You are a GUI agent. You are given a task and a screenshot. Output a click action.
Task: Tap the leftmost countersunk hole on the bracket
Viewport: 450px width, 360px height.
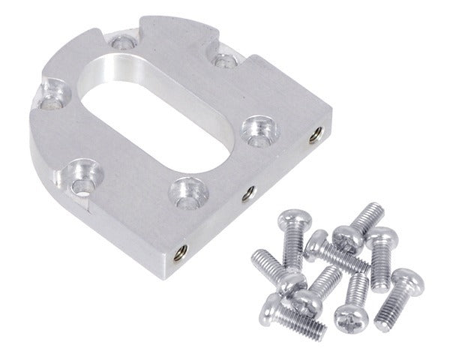click(50, 93)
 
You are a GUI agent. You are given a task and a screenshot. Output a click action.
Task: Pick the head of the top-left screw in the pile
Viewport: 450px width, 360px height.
click(288, 220)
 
